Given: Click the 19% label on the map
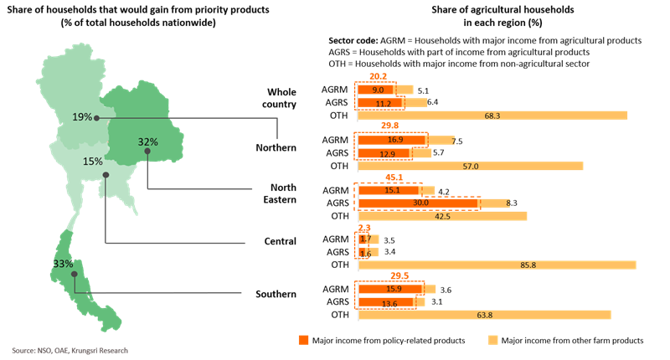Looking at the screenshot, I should tap(82, 117).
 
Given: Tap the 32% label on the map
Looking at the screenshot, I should tap(148, 141).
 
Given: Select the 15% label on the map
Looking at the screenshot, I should tap(93, 161).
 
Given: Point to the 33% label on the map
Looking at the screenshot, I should tap(63, 264).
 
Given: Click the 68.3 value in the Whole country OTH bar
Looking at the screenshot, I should tap(492, 116).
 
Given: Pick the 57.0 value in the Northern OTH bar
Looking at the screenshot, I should tap(471, 167).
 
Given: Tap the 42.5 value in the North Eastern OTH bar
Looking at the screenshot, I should tap(442, 216).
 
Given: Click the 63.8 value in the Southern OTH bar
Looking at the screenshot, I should tap(484, 315).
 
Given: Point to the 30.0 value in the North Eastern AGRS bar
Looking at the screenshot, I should tap(420, 203).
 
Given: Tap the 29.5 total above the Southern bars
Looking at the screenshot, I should tap(398, 275).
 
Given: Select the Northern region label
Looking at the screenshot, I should tap(276, 148).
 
